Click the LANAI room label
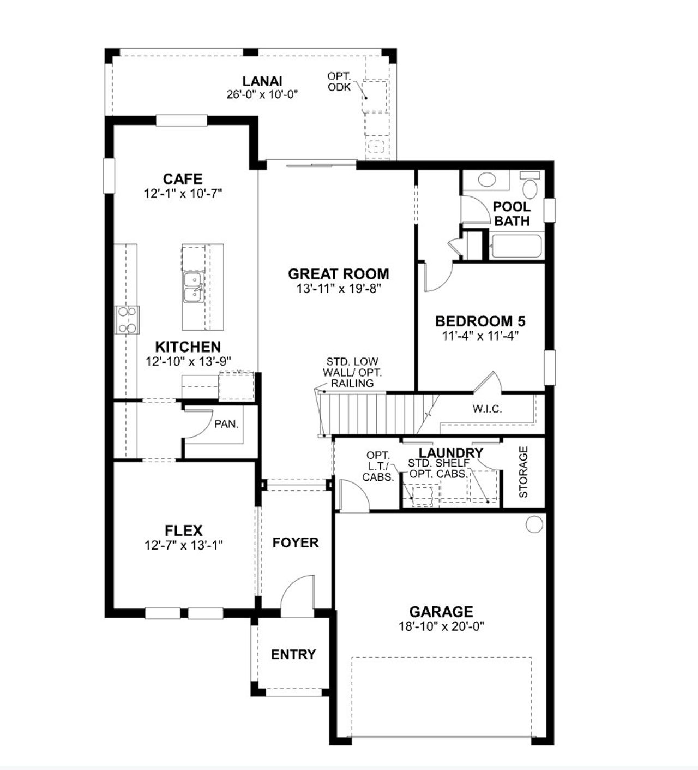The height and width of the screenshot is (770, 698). (262, 81)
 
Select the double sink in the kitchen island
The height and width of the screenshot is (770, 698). (192, 287)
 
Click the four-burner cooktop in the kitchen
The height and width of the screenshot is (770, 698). (127, 320)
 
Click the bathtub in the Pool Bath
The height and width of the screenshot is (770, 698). (515, 247)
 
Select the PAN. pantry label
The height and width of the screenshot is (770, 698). (226, 423)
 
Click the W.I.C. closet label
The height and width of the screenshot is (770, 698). (487, 409)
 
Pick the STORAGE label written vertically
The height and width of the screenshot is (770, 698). (523, 472)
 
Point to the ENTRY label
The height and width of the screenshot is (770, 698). (293, 654)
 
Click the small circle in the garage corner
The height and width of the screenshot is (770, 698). (534, 524)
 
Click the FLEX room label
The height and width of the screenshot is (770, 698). (184, 530)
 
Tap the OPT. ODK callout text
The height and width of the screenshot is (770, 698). (339, 81)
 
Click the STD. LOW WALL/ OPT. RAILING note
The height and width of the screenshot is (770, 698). (352, 372)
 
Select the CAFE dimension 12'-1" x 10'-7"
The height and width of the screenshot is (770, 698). (183, 193)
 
